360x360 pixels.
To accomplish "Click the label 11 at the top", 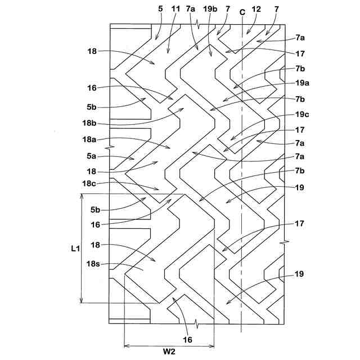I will (x=175, y=10).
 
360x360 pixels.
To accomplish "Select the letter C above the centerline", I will (x=242, y=10).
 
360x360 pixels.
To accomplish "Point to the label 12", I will (x=257, y=10).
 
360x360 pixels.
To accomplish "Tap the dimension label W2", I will (x=168, y=353).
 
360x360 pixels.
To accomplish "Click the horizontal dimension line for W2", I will (x=169, y=344).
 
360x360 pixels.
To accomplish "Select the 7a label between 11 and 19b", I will (x=191, y=10).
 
